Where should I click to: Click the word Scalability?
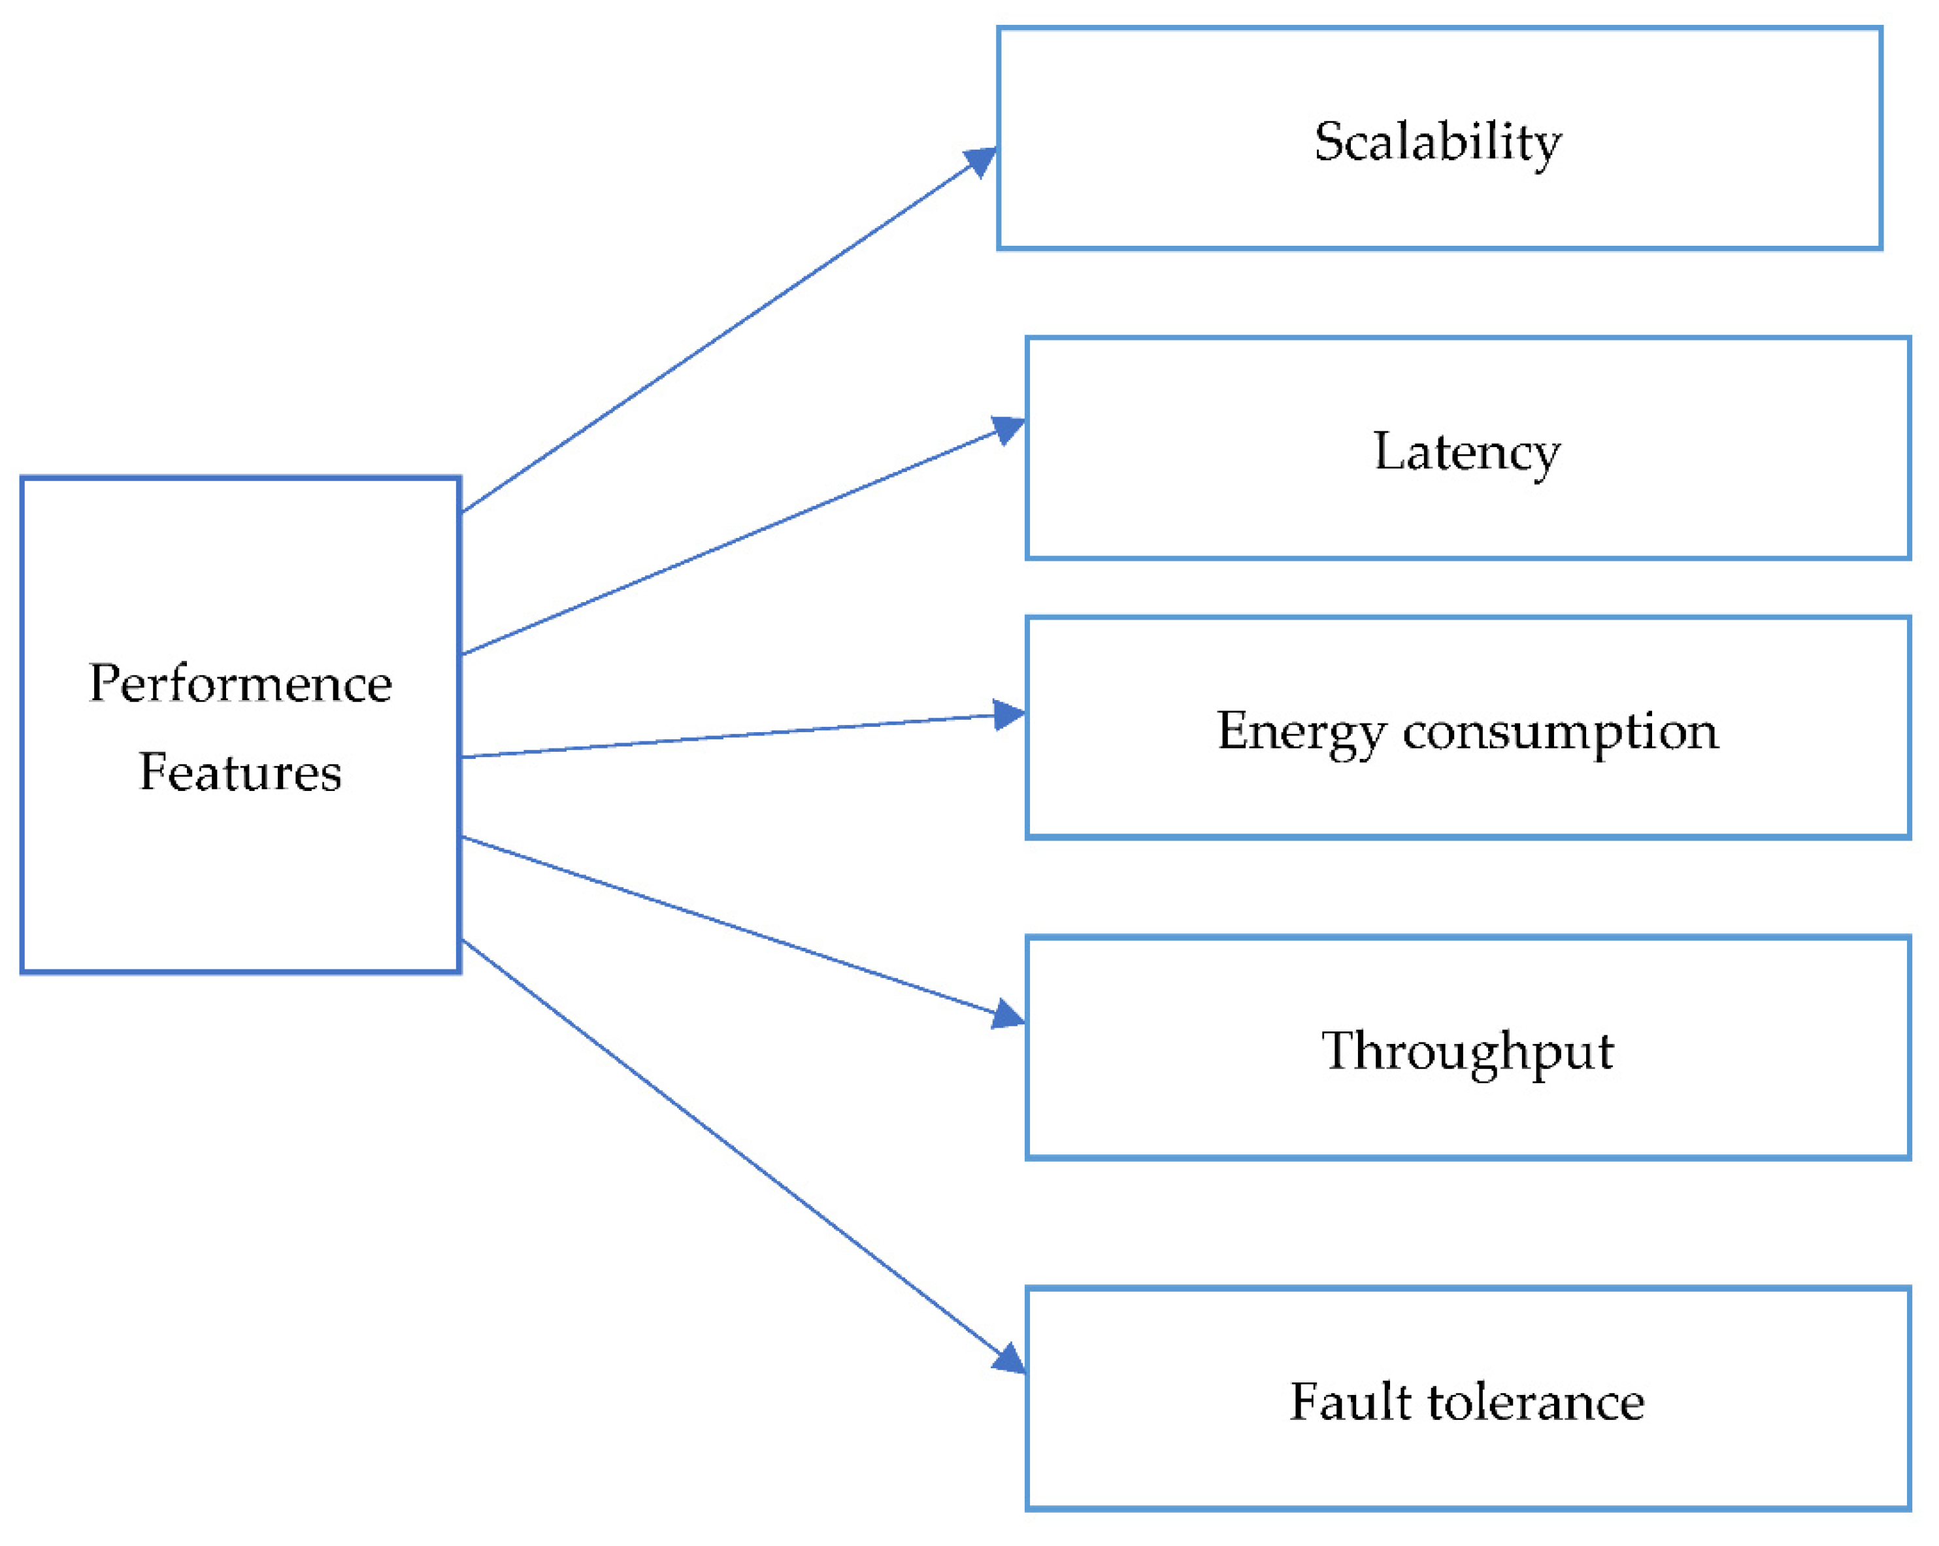click(x=1437, y=142)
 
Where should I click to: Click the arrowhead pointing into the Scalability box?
click(x=982, y=160)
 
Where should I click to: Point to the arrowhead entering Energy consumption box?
click(x=1010, y=716)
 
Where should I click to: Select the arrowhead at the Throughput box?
click(x=1009, y=1017)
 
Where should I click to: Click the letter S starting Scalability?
click(x=1329, y=142)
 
